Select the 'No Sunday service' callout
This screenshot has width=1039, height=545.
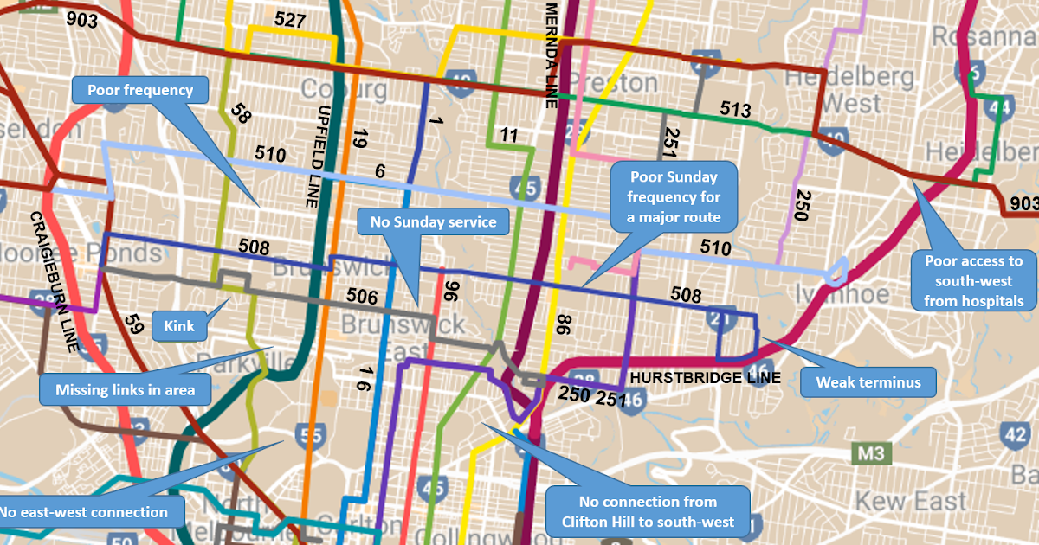click(433, 222)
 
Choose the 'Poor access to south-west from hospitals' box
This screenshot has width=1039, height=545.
click(974, 281)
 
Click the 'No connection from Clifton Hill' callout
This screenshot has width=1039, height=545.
click(647, 510)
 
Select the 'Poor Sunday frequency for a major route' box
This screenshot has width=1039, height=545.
click(674, 196)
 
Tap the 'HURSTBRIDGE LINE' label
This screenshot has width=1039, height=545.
click(705, 378)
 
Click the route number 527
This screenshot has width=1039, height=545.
click(291, 20)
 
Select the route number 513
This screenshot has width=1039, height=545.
click(735, 110)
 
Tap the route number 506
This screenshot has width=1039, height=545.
click(362, 298)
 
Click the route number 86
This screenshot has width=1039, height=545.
click(564, 325)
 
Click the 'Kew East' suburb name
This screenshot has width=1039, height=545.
click(911, 501)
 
